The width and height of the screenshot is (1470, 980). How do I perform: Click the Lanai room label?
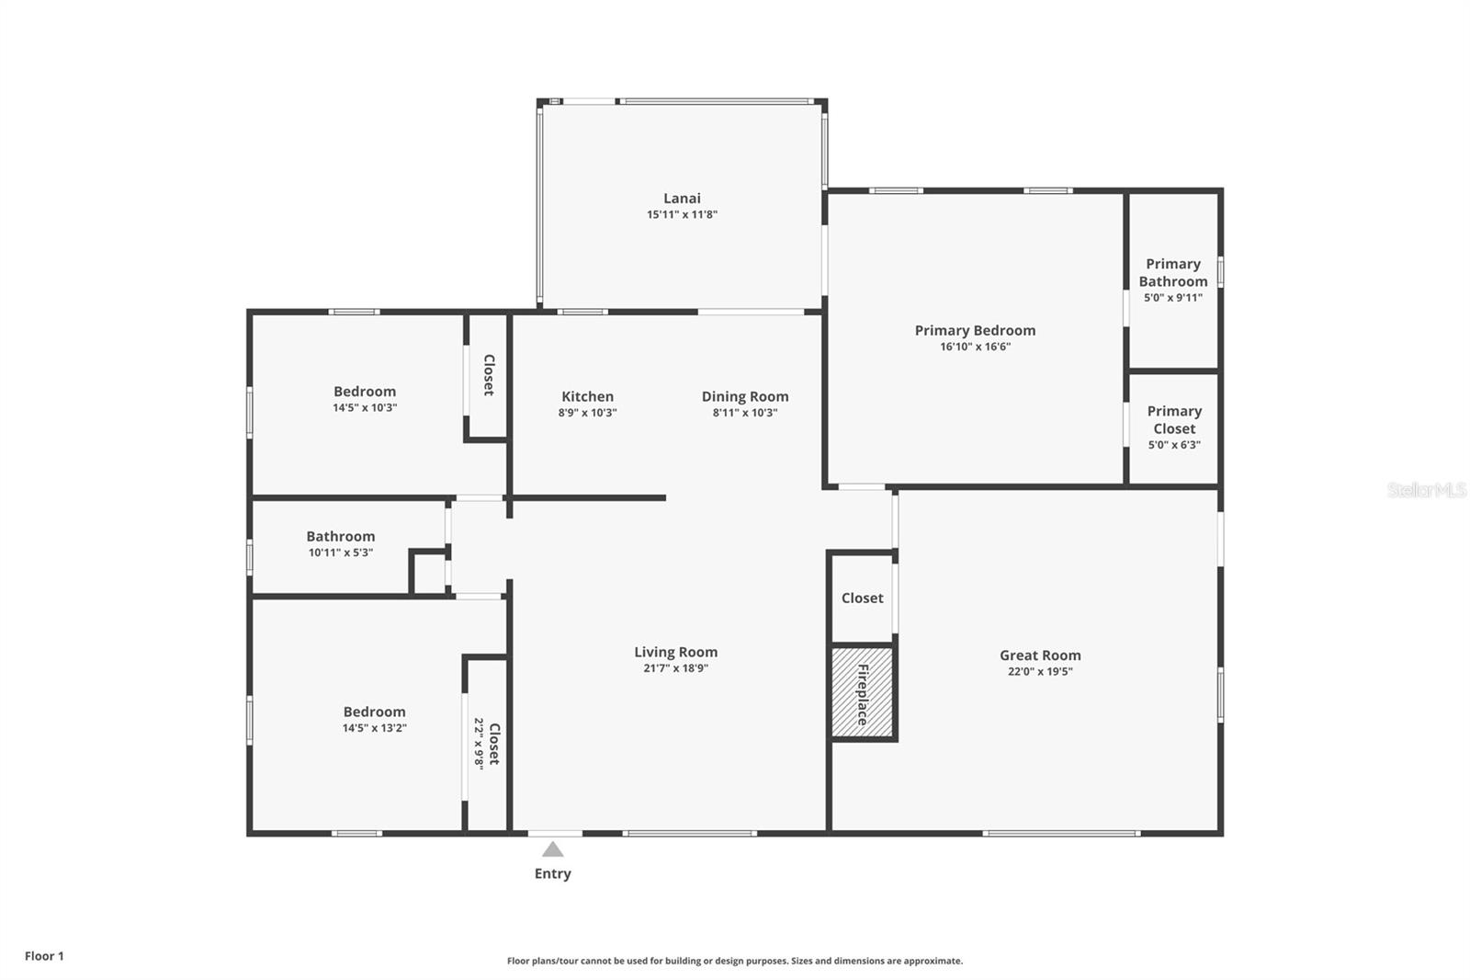(x=682, y=198)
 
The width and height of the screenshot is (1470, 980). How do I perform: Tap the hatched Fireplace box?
(x=862, y=692)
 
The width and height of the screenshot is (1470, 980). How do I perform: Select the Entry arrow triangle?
(x=552, y=849)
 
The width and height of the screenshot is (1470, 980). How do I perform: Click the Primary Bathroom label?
(x=1173, y=272)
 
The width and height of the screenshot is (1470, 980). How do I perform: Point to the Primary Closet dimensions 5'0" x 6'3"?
(x=1174, y=445)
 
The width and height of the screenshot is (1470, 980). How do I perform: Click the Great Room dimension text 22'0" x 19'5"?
(x=1040, y=672)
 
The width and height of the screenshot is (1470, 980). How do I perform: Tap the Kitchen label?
(x=587, y=396)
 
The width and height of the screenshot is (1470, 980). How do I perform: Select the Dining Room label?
(x=745, y=396)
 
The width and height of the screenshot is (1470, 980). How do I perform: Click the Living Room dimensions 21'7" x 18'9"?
(x=675, y=668)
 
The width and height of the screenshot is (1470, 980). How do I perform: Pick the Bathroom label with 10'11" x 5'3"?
(x=340, y=536)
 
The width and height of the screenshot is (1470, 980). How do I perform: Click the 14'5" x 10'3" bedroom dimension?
(x=365, y=408)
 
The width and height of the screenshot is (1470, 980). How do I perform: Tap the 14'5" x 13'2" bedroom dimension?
(x=374, y=728)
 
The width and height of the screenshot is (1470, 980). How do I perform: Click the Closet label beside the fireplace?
(x=862, y=598)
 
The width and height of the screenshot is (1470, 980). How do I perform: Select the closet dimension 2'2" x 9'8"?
(x=479, y=743)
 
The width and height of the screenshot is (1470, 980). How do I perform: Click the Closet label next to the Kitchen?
(x=489, y=375)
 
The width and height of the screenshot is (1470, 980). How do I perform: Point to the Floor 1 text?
(x=44, y=956)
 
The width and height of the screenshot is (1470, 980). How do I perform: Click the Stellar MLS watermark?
(x=1426, y=490)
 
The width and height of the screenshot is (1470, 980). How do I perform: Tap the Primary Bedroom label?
(x=975, y=330)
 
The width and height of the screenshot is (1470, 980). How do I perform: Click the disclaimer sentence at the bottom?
(x=735, y=961)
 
